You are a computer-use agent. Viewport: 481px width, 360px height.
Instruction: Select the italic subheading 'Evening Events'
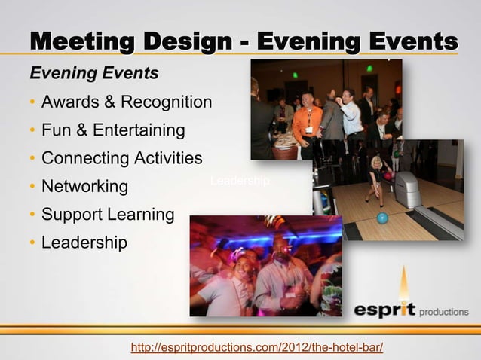pyautogui.click(x=93, y=74)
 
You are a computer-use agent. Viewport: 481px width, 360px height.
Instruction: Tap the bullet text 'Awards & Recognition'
pyautogui.click(x=127, y=102)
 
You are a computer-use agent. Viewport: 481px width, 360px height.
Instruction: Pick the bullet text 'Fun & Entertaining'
pyautogui.click(x=113, y=130)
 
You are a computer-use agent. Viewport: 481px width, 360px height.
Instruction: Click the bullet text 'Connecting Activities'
pyautogui.click(x=122, y=158)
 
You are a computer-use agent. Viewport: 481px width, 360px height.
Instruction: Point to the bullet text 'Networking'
pyautogui.click(x=84, y=186)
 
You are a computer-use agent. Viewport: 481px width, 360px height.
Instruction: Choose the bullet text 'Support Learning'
pyautogui.click(x=108, y=215)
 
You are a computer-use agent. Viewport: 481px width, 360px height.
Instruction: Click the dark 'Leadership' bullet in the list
pyautogui.click(x=84, y=243)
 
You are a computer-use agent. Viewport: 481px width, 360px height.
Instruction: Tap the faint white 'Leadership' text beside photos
pyautogui.click(x=240, y=181)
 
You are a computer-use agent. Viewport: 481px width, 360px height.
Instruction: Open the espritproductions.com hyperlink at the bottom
pyautogui.click(x=257, y=347)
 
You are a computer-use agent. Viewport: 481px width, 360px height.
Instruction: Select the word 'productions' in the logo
pyautogui.click(x=443, y=312)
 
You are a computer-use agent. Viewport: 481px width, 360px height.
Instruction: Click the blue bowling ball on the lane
pyautogui.click(x=382, y=218)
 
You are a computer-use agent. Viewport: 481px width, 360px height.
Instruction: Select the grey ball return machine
pyautogui.click(x=408, y=188)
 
